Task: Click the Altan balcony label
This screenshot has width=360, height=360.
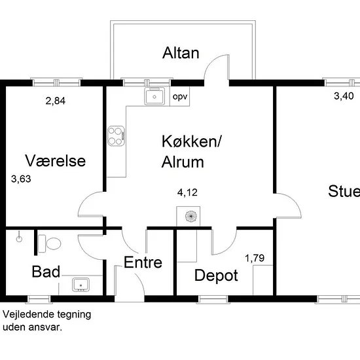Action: coord(181,53)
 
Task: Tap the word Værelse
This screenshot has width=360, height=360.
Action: coord(56,161)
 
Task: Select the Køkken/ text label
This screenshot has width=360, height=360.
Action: coord(192,141)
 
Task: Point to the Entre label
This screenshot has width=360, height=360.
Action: coord(143,262)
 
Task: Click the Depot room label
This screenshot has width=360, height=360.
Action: coord(216,276)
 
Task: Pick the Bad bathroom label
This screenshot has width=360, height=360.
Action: coord(46,272)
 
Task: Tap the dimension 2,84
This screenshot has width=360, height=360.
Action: coord(56,101)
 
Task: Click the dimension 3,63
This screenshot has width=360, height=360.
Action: coord(21,179)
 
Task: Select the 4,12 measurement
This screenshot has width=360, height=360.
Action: coord(187,192)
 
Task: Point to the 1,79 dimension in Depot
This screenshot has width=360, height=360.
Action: coord(255,259)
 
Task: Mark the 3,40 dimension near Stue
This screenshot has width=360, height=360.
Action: coord(344,96)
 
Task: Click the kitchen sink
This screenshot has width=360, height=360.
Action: coord(154,96)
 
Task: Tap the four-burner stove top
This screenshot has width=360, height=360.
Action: coord(116,136)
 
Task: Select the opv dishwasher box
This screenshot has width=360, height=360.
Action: coord(180,96)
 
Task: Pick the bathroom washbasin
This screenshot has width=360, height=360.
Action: coord(81,285)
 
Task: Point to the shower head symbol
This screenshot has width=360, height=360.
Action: coord(19,239)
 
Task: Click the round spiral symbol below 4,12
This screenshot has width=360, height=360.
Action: coord(191,216)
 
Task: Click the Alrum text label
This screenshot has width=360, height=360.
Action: coord(183,162)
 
